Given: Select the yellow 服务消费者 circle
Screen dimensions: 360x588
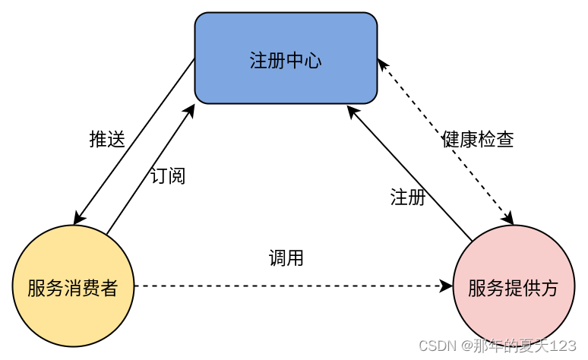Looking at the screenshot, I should click(73, 286).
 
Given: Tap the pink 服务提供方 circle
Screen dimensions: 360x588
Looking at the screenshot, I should click(513, 286).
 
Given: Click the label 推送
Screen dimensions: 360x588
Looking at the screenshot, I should click(106, 139).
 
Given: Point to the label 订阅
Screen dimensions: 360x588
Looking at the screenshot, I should click(167, 175).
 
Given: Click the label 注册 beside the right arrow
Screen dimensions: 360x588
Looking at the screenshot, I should click(407, 197).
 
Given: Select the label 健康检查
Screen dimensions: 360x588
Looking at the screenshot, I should click(477, 140).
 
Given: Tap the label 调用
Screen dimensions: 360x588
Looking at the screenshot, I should click(286, 258).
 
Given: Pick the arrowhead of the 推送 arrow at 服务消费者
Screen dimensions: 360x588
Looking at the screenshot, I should click(77, 220).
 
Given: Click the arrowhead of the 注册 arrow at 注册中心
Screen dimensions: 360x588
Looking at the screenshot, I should click(351, 110).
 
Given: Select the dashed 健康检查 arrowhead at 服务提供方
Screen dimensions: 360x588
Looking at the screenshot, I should click(509, 219).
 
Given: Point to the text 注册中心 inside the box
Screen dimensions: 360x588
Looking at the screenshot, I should click(286, 61).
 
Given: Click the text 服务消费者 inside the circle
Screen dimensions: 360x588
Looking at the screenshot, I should click(73, 289).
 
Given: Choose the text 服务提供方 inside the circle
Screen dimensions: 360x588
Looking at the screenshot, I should click(513, 289).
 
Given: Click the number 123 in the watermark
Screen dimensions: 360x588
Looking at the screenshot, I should click(563, 346).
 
